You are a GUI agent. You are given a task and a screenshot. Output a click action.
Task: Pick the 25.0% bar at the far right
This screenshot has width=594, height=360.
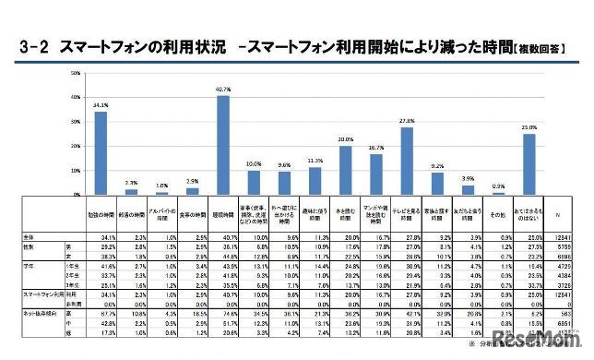(x=529, y=164)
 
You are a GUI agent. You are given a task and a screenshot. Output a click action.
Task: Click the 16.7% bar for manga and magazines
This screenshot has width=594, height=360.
(x=376, y=174)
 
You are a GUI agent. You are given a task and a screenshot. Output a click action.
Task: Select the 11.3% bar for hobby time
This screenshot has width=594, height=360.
(x=315, y=181)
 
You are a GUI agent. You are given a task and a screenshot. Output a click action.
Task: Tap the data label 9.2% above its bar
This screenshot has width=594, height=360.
(x=436, y=166)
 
